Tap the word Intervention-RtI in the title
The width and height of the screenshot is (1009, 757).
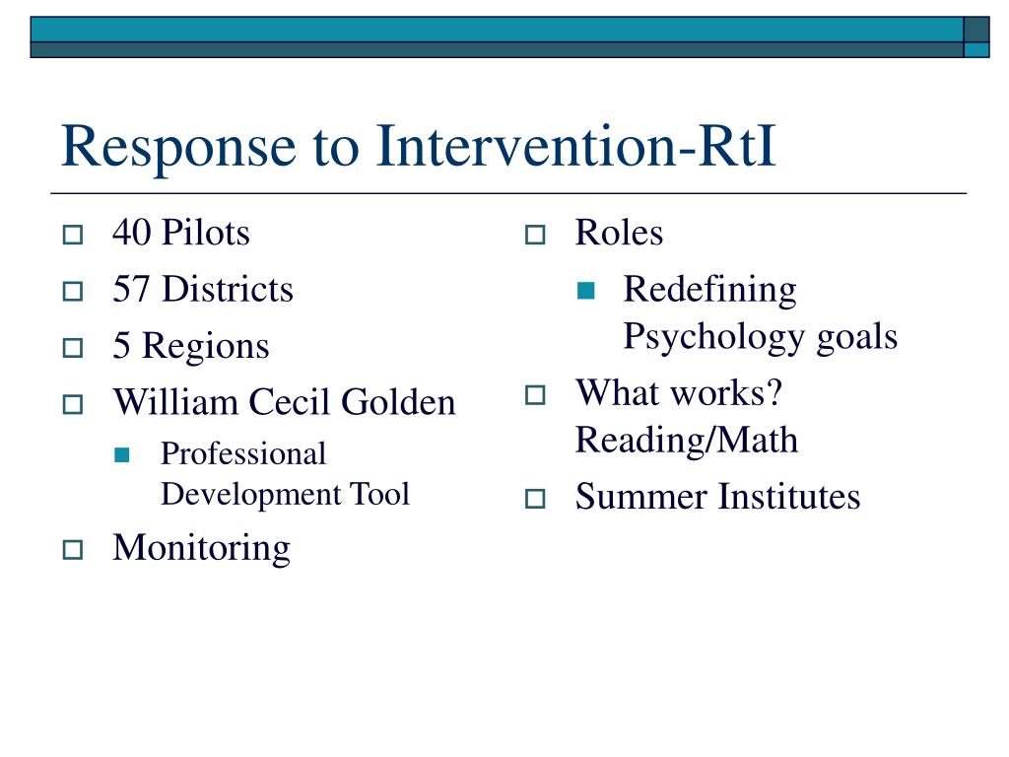575,146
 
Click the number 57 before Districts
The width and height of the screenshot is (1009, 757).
132,289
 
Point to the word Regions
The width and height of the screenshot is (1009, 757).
205,347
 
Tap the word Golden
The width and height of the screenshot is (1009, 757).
398,402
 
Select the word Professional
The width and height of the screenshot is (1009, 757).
243,453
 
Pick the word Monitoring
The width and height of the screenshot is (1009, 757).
201,549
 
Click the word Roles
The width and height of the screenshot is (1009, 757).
619,233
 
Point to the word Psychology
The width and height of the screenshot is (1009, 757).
714,337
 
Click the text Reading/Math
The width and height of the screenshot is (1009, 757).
687,441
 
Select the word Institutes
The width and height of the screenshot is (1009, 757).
789,497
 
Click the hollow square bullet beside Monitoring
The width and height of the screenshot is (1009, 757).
73,550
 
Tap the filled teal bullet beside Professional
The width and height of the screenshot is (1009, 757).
121,455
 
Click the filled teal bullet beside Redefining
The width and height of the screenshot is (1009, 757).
586,291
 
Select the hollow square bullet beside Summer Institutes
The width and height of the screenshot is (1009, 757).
535,499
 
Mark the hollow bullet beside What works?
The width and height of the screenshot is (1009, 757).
535,394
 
